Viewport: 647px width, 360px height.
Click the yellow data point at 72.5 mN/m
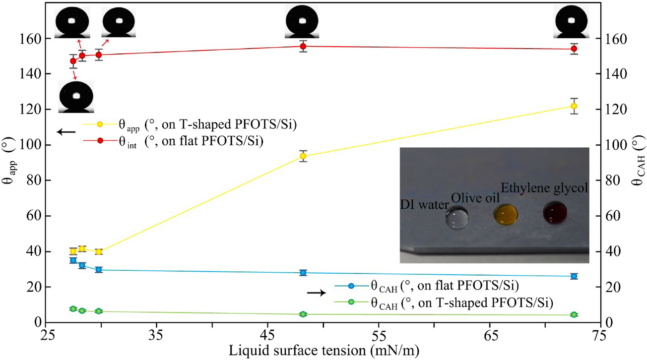(574, 106)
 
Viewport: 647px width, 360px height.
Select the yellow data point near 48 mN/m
(303, 156)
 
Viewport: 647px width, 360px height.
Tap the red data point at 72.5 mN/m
(574, 49)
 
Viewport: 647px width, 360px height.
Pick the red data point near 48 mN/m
(303, 47)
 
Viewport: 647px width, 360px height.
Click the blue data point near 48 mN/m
(303, 273)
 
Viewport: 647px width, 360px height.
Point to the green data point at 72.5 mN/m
(574, 315)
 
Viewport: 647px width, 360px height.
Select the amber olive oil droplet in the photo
(506, 214)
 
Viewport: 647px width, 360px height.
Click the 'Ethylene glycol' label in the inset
(544, 188)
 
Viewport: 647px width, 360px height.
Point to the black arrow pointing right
(317, 293)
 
